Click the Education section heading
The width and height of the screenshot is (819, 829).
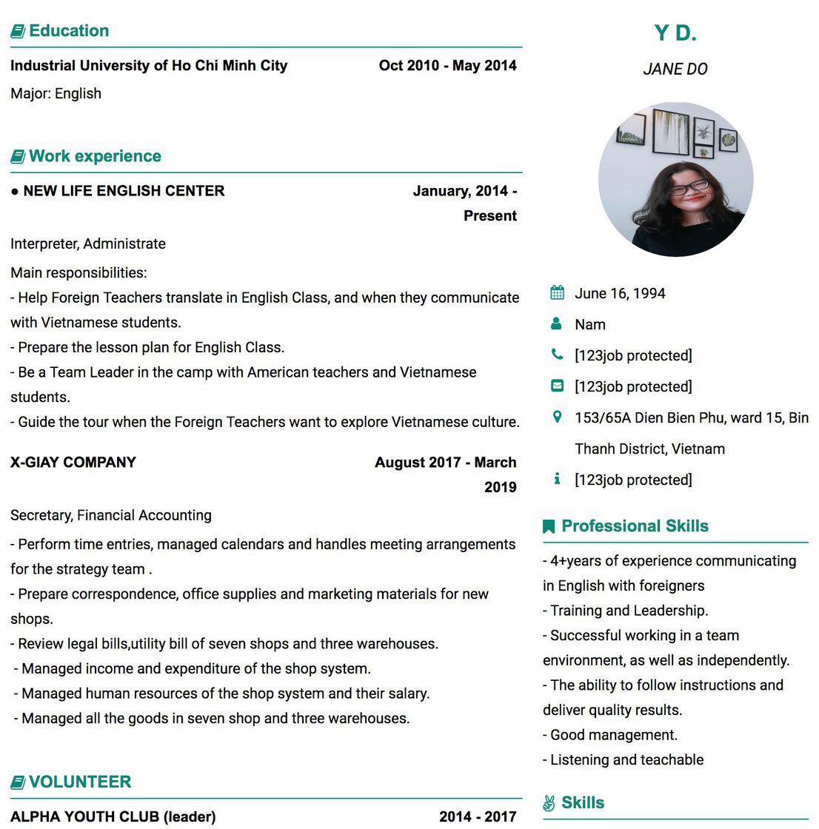pyautogui.click(x=68, y=31)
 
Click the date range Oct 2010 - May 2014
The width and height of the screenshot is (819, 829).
pyautogui.click(x=447, y=65)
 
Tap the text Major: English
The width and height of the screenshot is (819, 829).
pyautogui.click(x=56, y=93)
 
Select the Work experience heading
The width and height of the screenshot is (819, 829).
pyautogui.click(x=95, y=156)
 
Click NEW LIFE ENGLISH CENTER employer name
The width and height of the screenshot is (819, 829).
pyautogui.click(x=124, y=191)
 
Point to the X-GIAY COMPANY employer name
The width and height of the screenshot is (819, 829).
pyautogui.click(x=73, y=463)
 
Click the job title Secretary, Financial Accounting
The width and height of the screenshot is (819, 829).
pyautogui.click(x=111, y=515)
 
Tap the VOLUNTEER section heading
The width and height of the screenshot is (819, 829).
pyautogui.click(x=79, y=782)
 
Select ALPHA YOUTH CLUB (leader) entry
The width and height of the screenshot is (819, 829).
pyautogui.click(x=113, y=816)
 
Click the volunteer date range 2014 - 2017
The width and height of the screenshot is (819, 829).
pyautogui.click(x=478, y=816)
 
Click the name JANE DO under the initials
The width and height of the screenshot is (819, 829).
pyautogui.click(x=675, y=70)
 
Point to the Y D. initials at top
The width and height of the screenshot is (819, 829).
pyautogui.click(x=675, y=33)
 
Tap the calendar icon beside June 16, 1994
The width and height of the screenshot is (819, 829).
pyautogui.click(x=557, y=292)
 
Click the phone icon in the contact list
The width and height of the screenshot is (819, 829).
pyautogui.click(x=557, y=355)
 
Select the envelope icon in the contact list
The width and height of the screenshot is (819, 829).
pyautogui.click(x=557, y=386)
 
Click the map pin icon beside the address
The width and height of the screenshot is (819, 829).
pyautogui.click(x=557, y=417)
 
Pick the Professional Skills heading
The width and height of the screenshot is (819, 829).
pyautogui.click(x=635, y=526)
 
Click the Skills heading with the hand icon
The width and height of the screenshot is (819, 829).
pyautogui.click(x=582, y=803)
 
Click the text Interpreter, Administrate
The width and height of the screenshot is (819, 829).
pyautogui.click(x=88, y=244)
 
